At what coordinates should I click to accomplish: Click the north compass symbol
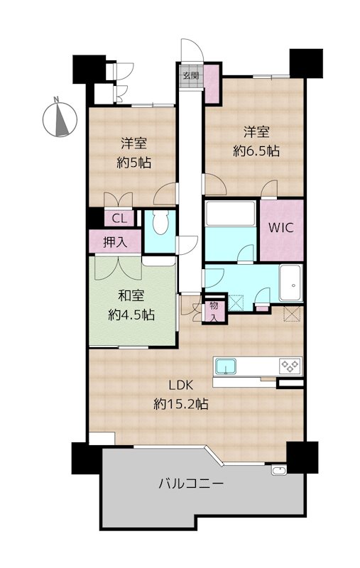pyautogui.click(x=60, y=119)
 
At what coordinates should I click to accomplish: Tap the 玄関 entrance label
pyautogui.click(x=191, y=76)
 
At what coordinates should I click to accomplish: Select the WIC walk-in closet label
pyautogui.click(x=280, y=228)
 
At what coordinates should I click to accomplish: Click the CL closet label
pyautogui.click(x=119, y=219)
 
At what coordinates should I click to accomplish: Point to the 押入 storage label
pyautogui.click(x=115, y=242)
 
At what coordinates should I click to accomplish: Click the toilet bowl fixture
pyautogui.click(x=160, y=222)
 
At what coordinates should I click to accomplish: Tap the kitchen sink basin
pyautogui.click(x=226, y=366)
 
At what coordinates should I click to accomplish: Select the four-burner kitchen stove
pyautogui.click(x=290, y=366)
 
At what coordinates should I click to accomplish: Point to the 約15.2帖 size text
pyautogui.click(x=181, y=403)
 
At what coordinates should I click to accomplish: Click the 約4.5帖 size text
pyautogui.click(x=131, y=315)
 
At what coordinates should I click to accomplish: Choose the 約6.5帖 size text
pyautogui.click(x=256, y=151)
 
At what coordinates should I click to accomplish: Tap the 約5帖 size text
pyautogui.click(x=133, y=163)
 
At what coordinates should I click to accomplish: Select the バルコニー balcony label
pyautogui.click(x=191, y=484)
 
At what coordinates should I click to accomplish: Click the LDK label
pyautogui.click(x=181, y=385)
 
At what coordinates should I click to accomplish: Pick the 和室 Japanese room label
pyautogui.click(x=131, y=296)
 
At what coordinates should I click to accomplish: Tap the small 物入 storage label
pyautogui.click(x=214, y=312)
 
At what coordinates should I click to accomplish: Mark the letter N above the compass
pyautogui.click(x=56, y=99)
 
